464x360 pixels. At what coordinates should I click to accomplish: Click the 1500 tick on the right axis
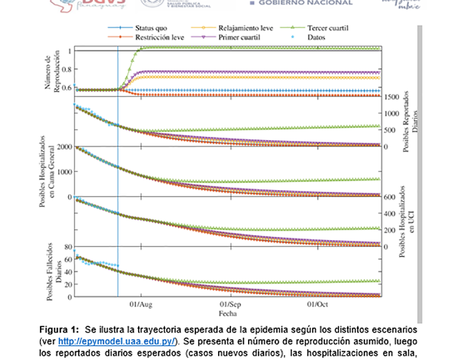[x=391, y=97]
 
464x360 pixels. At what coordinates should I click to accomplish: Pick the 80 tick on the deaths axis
[x=67, y=247]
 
